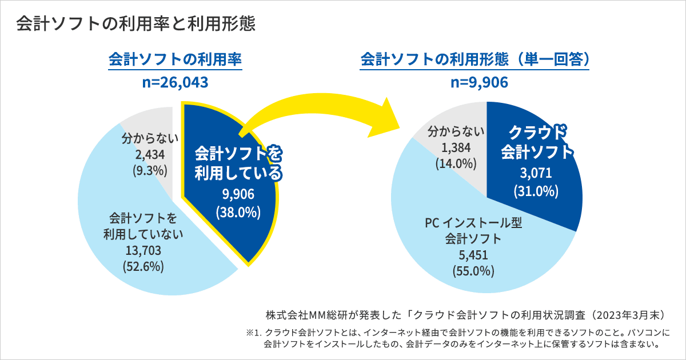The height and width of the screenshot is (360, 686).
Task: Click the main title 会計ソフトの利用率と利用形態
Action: point(135,24)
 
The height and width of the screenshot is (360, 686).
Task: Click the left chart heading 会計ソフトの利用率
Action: point(175,60)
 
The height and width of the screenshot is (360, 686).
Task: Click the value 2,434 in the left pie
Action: point(149,154)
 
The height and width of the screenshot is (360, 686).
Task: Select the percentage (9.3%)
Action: point(149,170)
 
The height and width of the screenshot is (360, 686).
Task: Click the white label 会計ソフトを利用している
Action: point(238,163)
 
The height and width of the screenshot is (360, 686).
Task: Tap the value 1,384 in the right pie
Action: point(456,148)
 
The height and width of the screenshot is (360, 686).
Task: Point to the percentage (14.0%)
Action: point(456,163)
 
